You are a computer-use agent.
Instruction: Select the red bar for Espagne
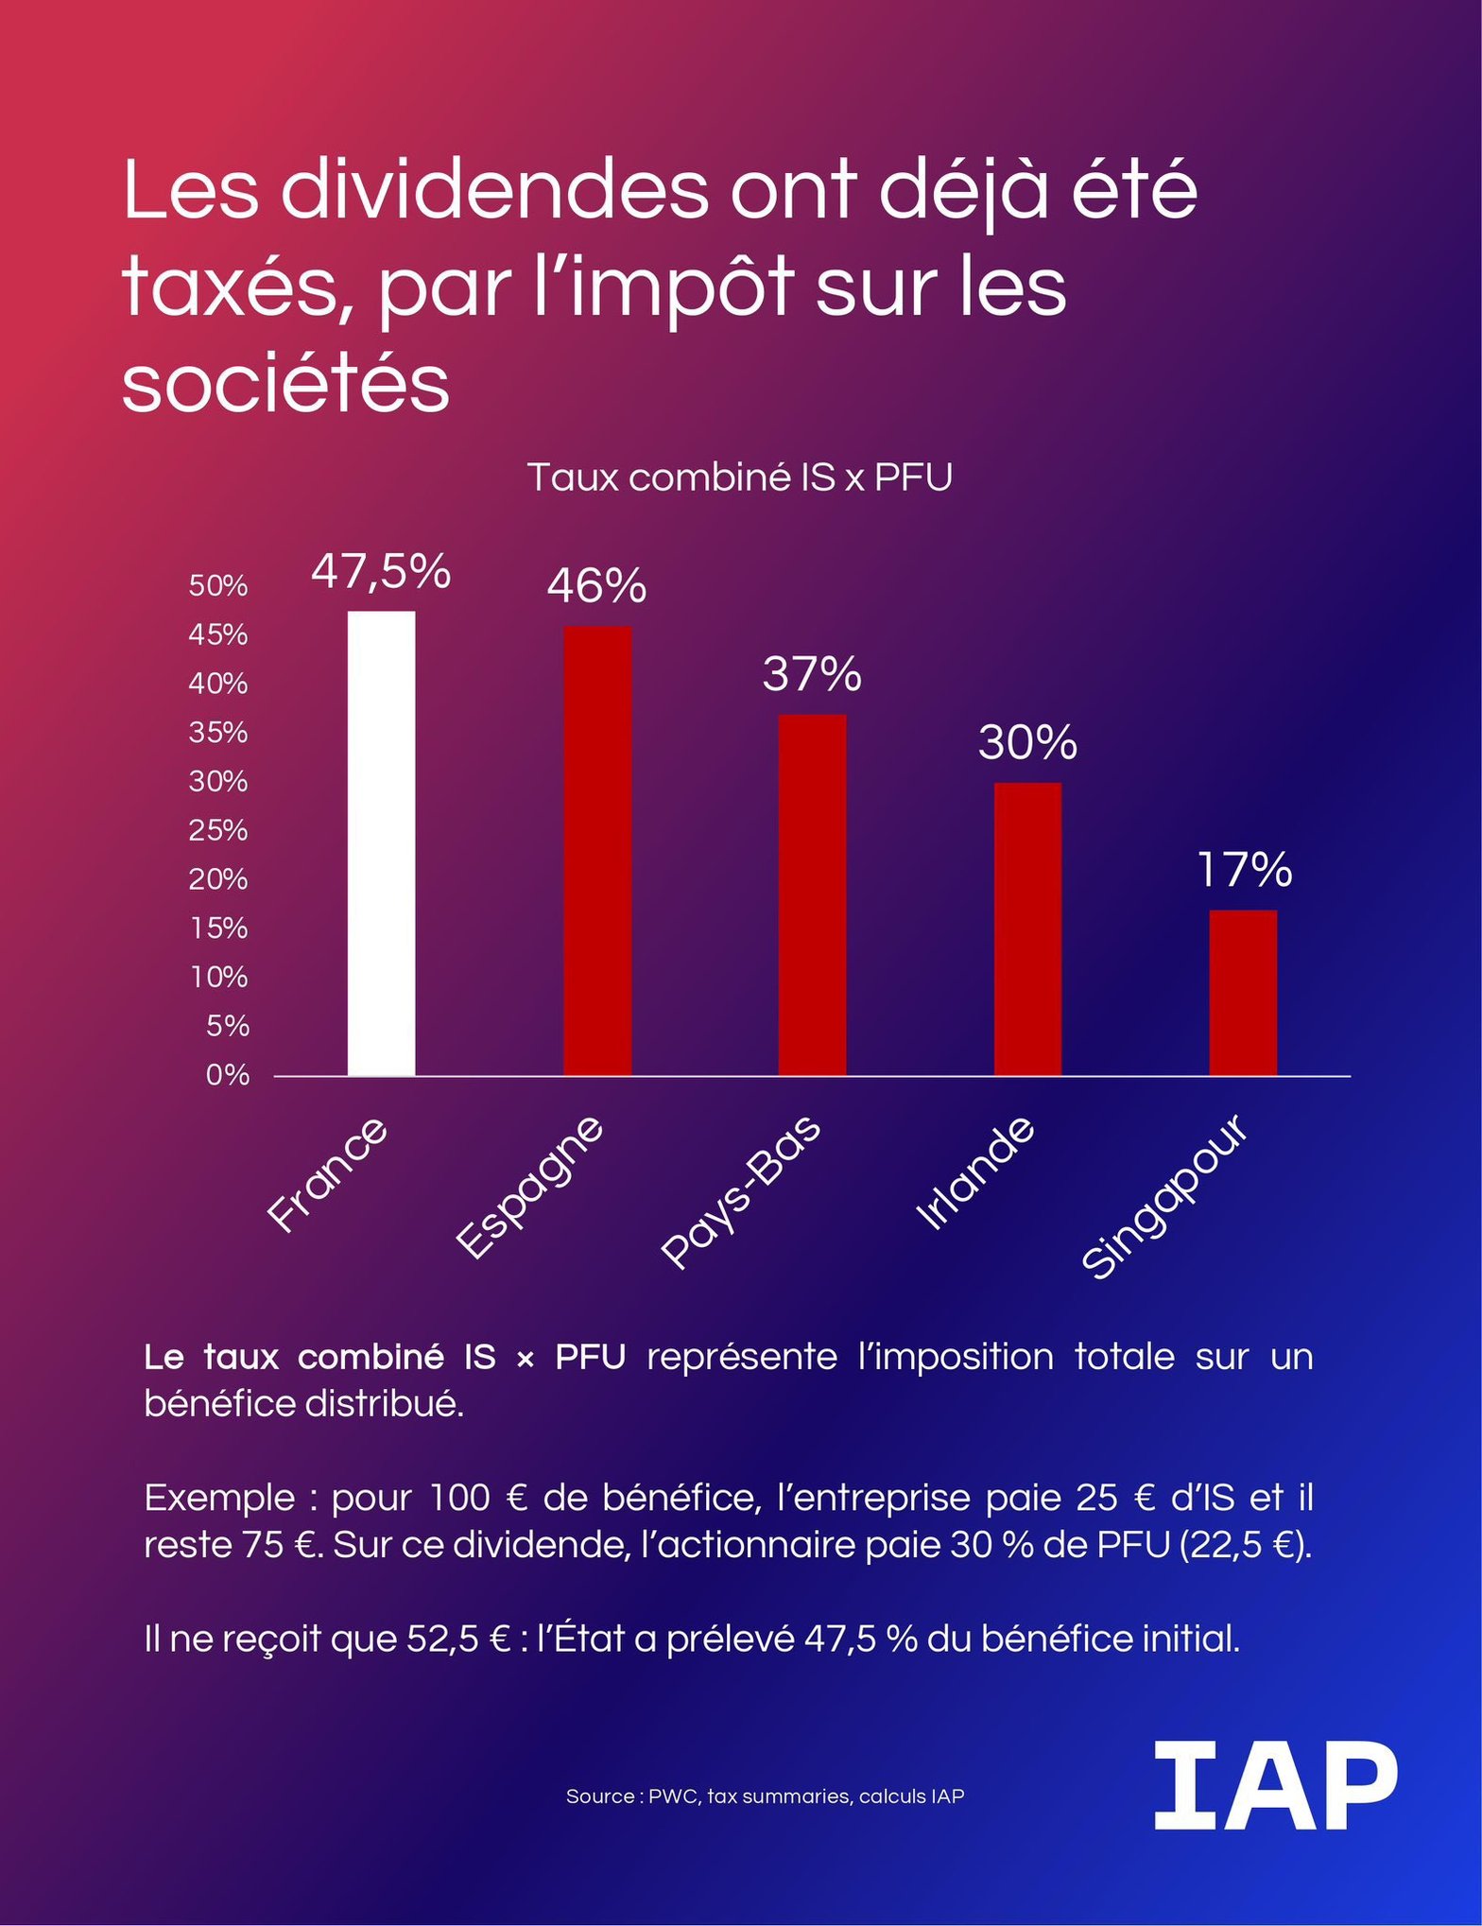pos(597,850)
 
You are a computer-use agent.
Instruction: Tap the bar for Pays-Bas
pos(812,894)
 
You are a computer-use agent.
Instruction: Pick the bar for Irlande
pos(1027,928)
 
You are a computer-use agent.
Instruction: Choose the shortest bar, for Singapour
pos(1243,993)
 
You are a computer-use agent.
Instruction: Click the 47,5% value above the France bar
pos(381,571)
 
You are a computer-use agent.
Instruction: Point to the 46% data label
pos(596,586)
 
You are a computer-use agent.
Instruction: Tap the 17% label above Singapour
pos(1244,870)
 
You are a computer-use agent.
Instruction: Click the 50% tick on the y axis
pos(218,585)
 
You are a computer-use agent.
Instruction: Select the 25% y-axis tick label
pos(218,830)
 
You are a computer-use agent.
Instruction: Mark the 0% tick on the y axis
pos(228,1075)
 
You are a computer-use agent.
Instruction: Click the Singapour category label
pos(1165,1197)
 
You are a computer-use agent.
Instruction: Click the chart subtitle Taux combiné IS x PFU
pos(739,477)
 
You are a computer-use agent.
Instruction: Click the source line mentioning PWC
pos(765,1796)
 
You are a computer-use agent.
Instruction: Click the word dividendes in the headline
pos(493,190)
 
